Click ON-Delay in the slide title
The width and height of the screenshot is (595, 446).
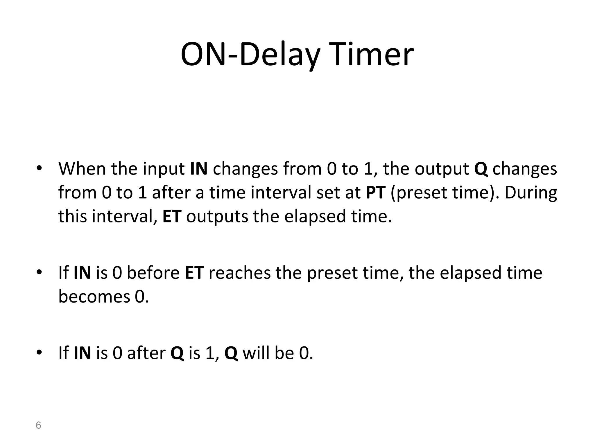coord(250,55)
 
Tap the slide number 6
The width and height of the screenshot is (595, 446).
coord(38,425)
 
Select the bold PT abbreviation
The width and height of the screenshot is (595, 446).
coord(375,192)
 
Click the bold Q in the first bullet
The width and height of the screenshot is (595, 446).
coord(481,169)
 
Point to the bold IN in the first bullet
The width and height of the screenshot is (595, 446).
coord(199,169)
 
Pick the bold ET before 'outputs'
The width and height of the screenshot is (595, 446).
coord(172,216)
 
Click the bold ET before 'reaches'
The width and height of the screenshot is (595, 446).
coord(194,273)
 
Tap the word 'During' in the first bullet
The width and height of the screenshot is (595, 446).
coord(531,192)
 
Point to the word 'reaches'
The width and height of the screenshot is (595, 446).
coord(239,273)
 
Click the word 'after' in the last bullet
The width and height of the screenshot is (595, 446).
coord(146,353)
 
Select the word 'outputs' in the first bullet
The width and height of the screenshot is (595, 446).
coord(217,217)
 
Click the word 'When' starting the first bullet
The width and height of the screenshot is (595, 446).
coord(82,169)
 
